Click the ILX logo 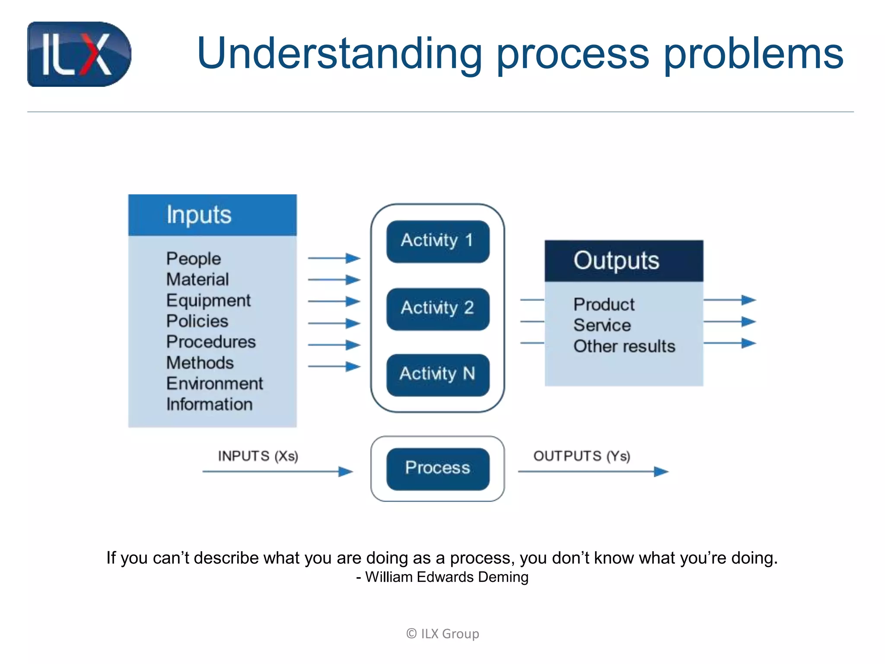click(79, 54)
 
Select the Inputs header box click(212, 215)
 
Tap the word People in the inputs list click(194, 259)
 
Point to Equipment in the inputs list click(208, 300)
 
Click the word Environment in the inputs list click(214, 383)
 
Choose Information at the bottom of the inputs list click(210, 404)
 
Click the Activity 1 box click(438, 241)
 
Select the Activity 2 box click(438, 309)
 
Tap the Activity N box click(438, 374)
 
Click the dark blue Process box click(438, 469)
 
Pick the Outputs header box click(624, 261)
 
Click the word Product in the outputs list click(604, 305)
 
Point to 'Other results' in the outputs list click(624, 346)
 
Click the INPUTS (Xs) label click(258, 456)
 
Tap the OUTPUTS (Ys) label click(582, 456)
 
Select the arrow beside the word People click(334, 259)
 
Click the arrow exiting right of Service click(729, 322)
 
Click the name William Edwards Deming click(447, 577)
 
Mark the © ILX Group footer click(442, 634)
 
